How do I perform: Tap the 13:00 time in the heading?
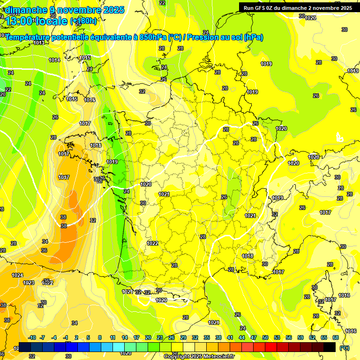pyautogui.click(x=20, y=21)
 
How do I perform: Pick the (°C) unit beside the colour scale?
pyautogui.click(x=344, y=348)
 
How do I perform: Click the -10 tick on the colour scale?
pyautogui.click(x=32, y=337)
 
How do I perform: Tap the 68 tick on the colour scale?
pyautogui.click(x=336, y=337)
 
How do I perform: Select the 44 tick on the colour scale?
pyautogui.click(x=242, y=337)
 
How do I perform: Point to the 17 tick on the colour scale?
pyautogui.click(x=136, y=337)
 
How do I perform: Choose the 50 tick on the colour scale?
pyautogui.click(x=265, y=337)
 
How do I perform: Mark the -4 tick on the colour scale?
pyautogui.click(x=54, y=337)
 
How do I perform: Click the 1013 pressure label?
pyautogui.click(x=39, y=43)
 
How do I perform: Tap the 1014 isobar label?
pyautogui.click(x=54, y=60)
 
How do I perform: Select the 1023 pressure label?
pyautogui.click(x=29, y=283)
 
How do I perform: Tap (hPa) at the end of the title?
pyautogui.click(x=254, y=37)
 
